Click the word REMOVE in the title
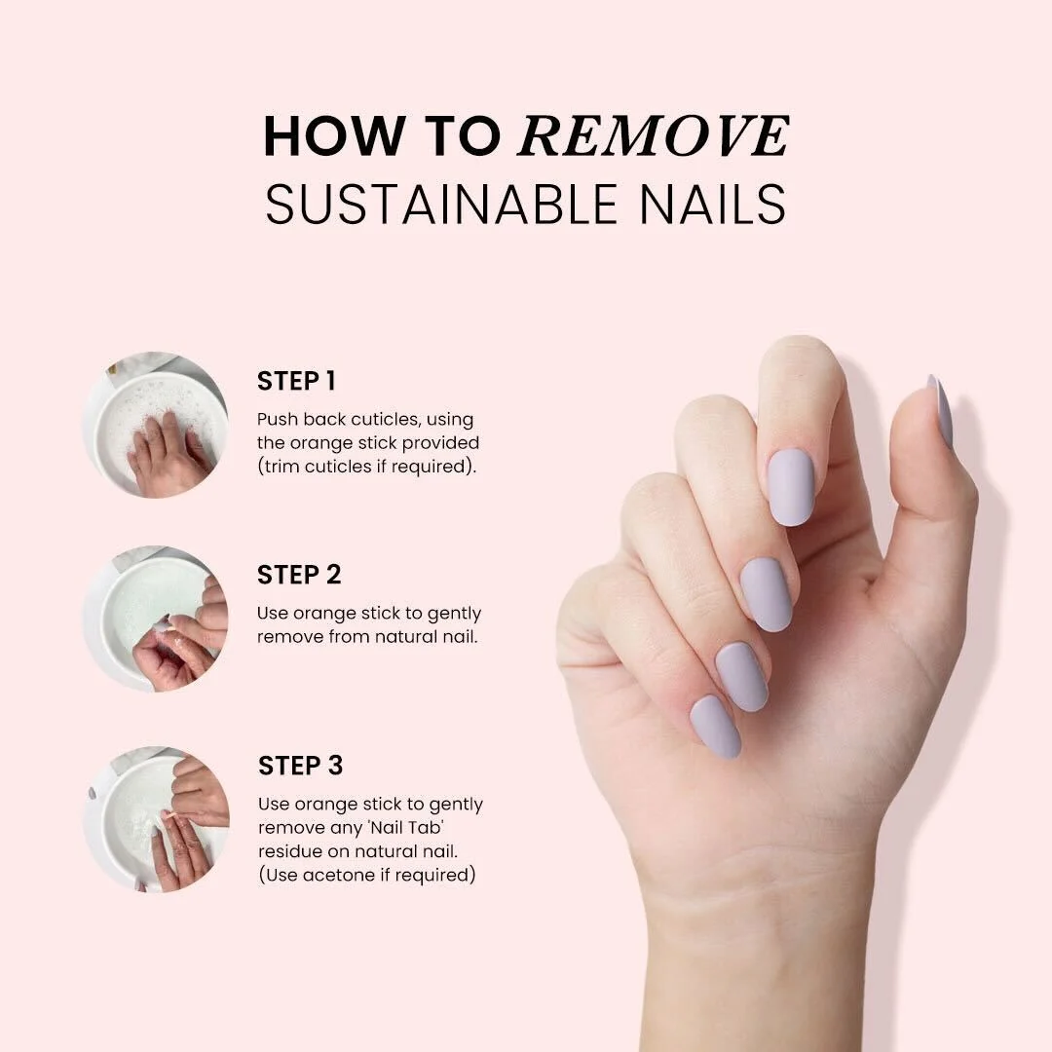(x=654, y=136)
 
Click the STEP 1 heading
(x=296, y=381)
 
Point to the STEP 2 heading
(x=299, y=575)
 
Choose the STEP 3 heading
(x=301, y=766)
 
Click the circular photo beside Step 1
(x=155, y=425)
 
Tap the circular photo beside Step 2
(x=155, y=618)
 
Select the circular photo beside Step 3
(x=156, y=819)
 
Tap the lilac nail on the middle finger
(x=767, y=594)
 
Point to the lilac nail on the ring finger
(x=742, y=676)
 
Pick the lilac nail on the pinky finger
(x=716, y=727)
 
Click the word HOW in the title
(x=335, y=136)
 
